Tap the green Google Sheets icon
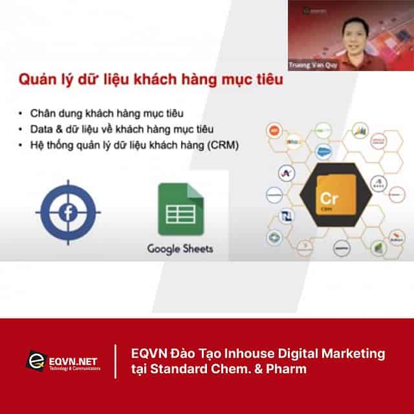[x=180, y=209]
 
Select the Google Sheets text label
[x=180, y=248]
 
